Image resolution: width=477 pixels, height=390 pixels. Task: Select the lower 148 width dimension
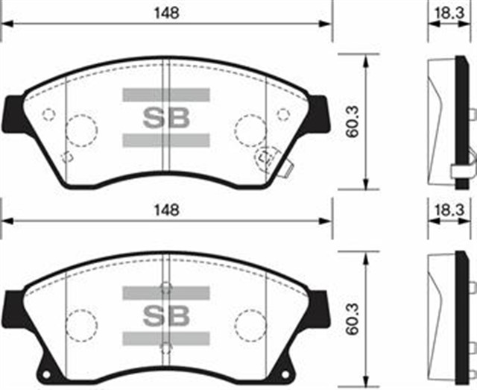tap(170, 211)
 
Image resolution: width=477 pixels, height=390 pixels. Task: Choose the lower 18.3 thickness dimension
tap(449, 211)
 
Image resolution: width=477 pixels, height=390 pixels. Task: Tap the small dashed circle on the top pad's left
tap(49, 114)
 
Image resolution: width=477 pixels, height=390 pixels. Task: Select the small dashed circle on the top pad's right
tap(283, 114)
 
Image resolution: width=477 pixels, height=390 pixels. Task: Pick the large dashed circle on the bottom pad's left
tap(81, 325)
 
